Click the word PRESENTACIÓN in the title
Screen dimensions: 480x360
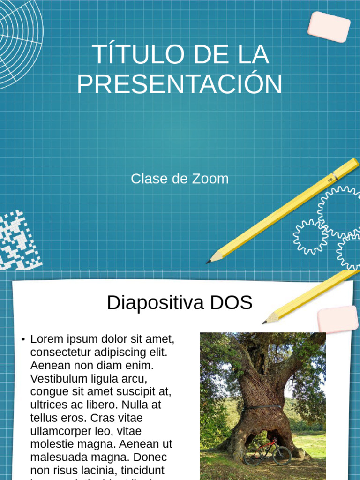(x=180, y=84)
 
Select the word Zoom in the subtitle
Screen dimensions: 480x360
(x=210, y=179)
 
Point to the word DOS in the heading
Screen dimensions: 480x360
(x=231, y=303)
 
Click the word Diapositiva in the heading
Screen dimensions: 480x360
(x=155, y=303)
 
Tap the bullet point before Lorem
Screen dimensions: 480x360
(x=22, y=339)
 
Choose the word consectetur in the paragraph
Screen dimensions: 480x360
(x=64, y=352)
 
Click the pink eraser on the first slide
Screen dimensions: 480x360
(x=329, y=27)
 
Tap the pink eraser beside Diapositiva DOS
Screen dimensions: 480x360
(x=338, y=319)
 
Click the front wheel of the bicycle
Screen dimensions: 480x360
(x=282, y=456)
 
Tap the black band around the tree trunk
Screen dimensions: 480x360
(x=262, y=407)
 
